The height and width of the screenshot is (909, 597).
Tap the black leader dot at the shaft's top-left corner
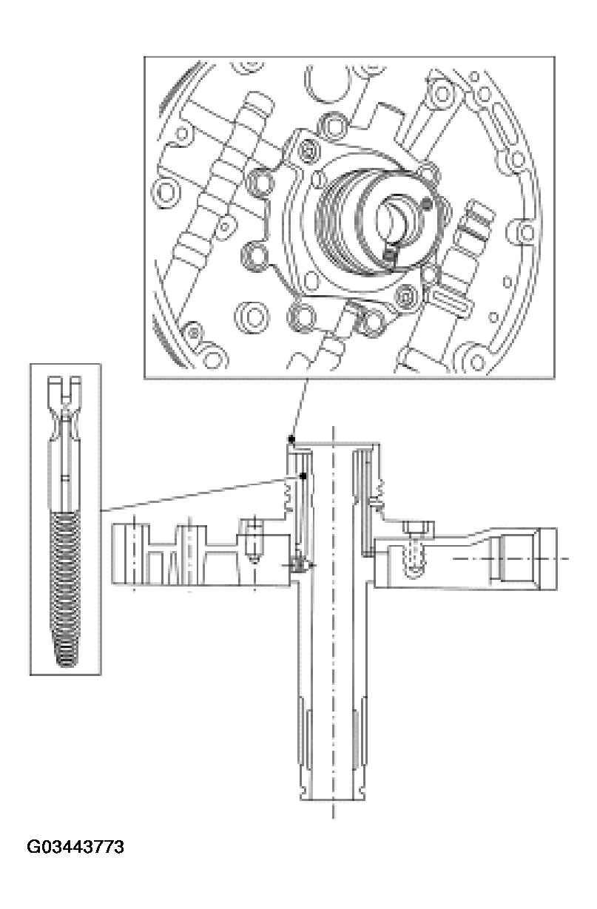point(292,439)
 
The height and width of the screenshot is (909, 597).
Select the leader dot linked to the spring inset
point(303,476)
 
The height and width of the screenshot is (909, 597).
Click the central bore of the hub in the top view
point(391,217)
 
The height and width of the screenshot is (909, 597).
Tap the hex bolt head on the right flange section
point(413,529)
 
